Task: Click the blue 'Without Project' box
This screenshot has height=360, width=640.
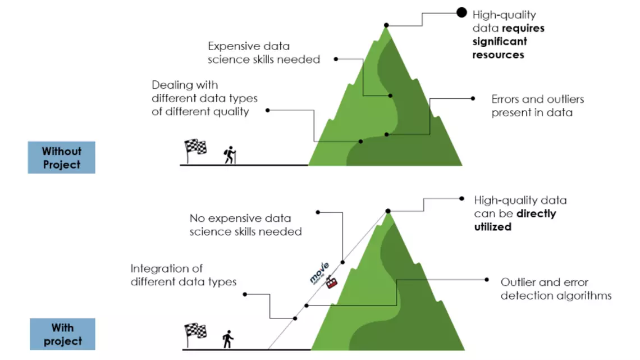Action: [x=61, y=158]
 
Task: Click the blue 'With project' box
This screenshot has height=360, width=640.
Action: [x=62, y=334]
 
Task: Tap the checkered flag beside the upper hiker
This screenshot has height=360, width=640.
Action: [x=195, y=148]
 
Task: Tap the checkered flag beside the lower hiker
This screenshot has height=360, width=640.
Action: [x=195, y=332]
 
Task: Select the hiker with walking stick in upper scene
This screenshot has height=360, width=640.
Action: [x=230, y=155]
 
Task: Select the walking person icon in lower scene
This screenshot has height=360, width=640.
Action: [x=227, y=339]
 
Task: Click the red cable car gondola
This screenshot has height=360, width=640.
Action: [x=332, y=282]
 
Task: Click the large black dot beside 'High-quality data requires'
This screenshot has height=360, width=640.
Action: [x=461, y=12]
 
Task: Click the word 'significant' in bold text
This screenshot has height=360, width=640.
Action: [x=500, y=42]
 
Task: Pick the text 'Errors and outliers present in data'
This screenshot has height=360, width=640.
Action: [x=537, y=106]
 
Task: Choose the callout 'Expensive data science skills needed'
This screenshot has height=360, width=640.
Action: [x=263, y=52]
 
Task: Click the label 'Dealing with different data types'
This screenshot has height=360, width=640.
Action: [x=204, y=98]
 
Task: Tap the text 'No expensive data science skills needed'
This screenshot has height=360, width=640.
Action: [x=245, y=225]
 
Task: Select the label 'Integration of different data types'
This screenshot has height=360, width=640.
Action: [x=184, y=275]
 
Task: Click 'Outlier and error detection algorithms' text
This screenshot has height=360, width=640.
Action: [x=556, y=289]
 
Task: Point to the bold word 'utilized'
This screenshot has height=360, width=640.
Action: [x=492, y=227]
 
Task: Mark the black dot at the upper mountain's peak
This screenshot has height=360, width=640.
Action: [x=386, y=25]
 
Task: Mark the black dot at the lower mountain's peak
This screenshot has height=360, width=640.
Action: [x=387, y=211]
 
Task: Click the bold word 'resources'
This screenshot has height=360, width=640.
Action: [x=498, y=55]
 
